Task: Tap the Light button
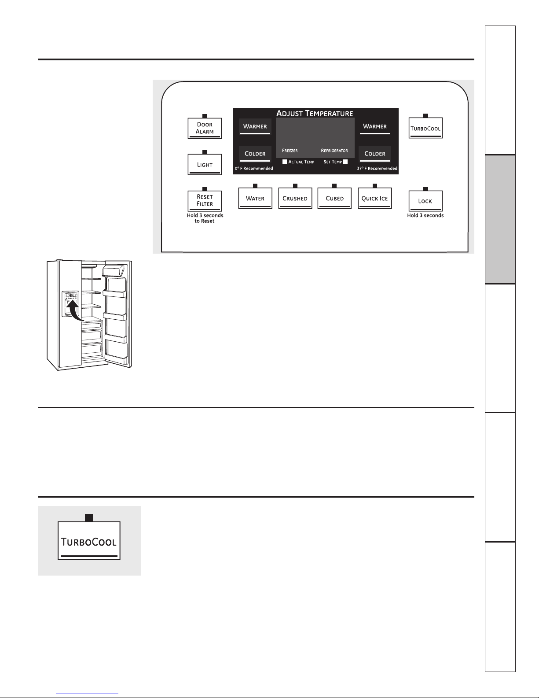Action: coord(205,164)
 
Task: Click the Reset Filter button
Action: coord(205,200)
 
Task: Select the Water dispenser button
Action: coord(255,198)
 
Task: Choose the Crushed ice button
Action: coord(295,198)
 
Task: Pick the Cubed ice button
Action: coord(334,198)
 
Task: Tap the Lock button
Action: coord(425,201)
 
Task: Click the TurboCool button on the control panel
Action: coord(425,129)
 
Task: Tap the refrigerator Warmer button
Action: coord(375,126)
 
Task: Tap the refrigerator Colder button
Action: coord(375,154)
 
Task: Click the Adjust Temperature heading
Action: coord(315,113)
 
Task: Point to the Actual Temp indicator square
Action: coord(285,162)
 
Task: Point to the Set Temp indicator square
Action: coord(345,162)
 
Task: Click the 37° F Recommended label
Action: coord(377,169)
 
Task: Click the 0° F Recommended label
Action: coord(254,169)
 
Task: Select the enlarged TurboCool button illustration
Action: coord(89,541)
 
